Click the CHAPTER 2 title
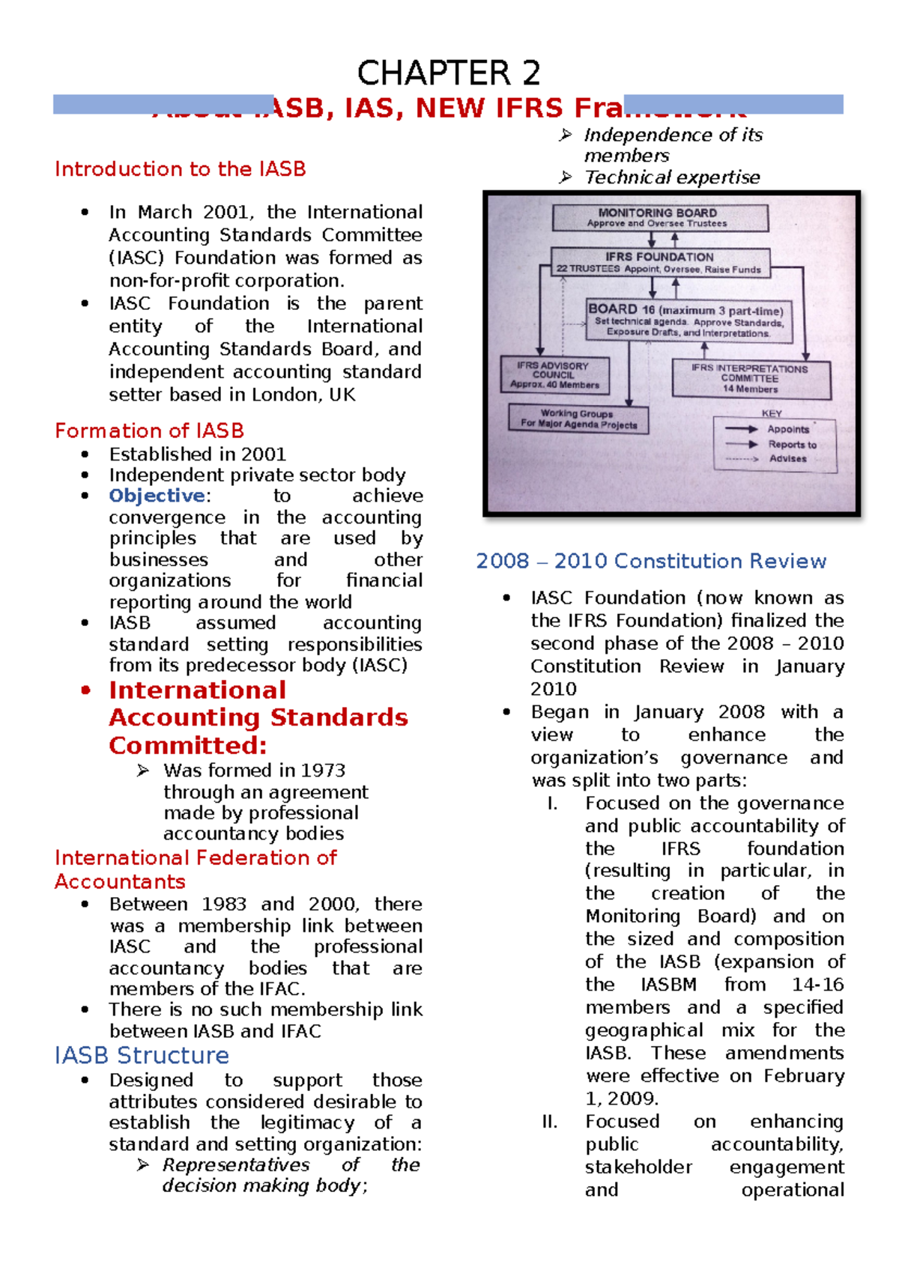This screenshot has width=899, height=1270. click(448, 73)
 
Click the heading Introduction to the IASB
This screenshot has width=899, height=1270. click(180, 169)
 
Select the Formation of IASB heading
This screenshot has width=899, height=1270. click(149, 431)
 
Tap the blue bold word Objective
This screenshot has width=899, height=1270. click(157, 496)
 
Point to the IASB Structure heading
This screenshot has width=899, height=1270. click(142, 1055)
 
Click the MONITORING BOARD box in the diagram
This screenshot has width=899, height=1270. click(659, 218)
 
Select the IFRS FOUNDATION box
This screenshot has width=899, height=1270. click(659, 263)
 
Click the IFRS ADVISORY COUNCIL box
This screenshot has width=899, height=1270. click(554, 375)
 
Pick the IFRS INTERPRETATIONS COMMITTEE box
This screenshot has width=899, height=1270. click(750, 379)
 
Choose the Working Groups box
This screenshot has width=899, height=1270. click(578, 419)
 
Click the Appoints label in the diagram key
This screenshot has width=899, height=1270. click(788, 429)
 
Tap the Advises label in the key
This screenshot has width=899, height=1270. click(787, 458)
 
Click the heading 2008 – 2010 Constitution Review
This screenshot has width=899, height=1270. click(650, 561)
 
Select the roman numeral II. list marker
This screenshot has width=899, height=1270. click(550, 1122)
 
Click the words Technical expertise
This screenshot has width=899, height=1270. click(672, 177)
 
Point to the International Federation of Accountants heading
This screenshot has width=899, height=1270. click(195, 869)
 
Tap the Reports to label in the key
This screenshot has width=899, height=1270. click(792, 444)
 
